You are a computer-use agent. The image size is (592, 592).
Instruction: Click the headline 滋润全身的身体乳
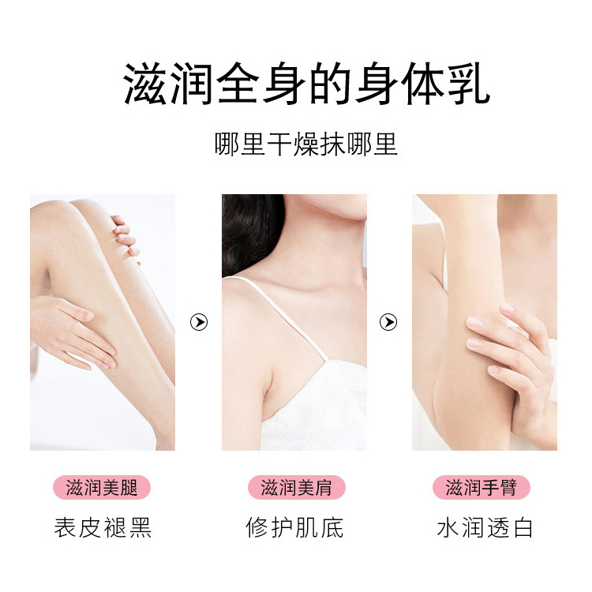(306, 84)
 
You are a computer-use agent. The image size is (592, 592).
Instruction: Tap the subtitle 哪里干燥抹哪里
(306, 145)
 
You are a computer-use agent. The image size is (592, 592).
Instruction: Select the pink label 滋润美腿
(103, 487)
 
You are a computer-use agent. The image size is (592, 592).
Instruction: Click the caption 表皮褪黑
(103, 527)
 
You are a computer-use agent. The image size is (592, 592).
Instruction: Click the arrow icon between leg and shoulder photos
(199, 322)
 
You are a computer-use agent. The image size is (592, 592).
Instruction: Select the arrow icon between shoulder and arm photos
(388, 322)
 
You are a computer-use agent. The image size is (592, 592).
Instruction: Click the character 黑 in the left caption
(139, 527)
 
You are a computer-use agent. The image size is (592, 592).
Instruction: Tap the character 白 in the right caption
(522, 527)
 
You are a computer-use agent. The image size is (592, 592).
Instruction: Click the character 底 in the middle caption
(332, 527)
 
